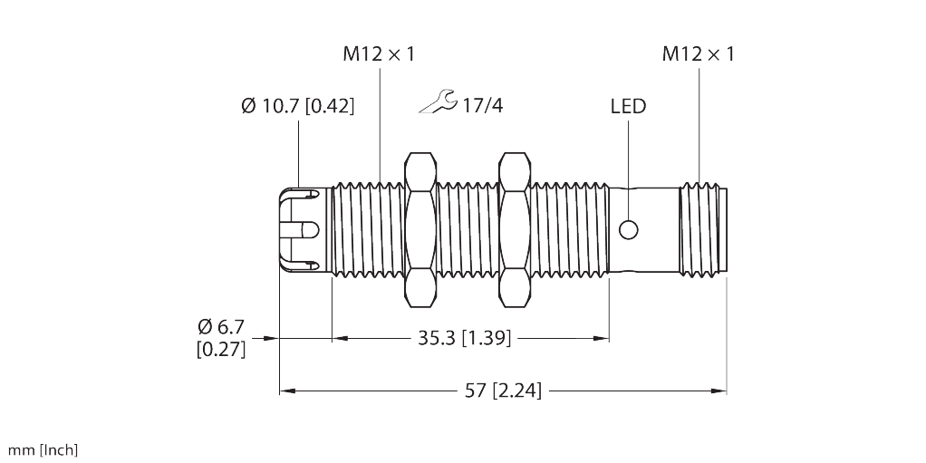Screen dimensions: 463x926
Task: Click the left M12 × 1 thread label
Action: coord(378,54)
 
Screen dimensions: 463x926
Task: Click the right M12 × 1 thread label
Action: coord(698,54)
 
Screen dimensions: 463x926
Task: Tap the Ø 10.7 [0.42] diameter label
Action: coord(298,106)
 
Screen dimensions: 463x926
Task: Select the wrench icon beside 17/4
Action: coord(438,103)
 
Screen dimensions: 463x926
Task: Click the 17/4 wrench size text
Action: coord(482,106)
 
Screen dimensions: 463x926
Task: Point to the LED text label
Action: coord(627,106)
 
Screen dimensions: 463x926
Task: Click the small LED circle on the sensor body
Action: coord(628,229)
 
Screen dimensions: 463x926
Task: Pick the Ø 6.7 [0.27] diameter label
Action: coord(221,337)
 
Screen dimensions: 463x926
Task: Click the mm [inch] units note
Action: coord(43,450)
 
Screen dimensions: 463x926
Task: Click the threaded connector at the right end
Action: coord(703,229)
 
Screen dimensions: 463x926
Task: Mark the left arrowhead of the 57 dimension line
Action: coord(288,391)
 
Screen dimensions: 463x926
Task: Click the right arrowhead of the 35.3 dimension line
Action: coord(600,339)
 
